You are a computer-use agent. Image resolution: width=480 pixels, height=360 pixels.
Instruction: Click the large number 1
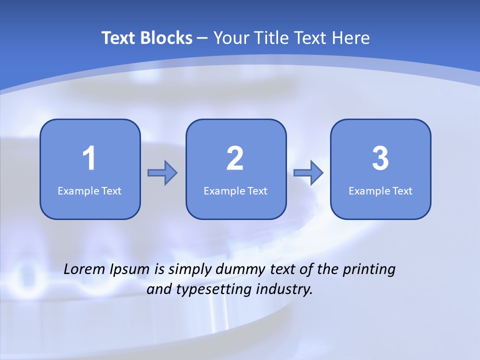[89, 158]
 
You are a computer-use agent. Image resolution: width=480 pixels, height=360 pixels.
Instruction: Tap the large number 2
[235, 158]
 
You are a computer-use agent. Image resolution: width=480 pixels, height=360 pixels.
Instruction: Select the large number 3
[380, 158]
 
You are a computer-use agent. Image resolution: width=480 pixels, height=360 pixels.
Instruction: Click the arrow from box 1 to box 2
[162, 173]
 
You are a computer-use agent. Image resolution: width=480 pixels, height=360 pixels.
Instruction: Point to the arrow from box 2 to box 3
[308, 173]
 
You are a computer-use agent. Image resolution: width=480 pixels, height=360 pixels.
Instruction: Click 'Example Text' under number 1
[89, 190]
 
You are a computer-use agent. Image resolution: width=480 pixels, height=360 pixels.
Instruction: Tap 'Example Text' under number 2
[235, 190]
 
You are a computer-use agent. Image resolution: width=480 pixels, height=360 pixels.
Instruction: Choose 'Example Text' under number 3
[380, 190]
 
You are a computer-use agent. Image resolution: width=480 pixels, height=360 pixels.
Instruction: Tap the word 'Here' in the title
[352, 38]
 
